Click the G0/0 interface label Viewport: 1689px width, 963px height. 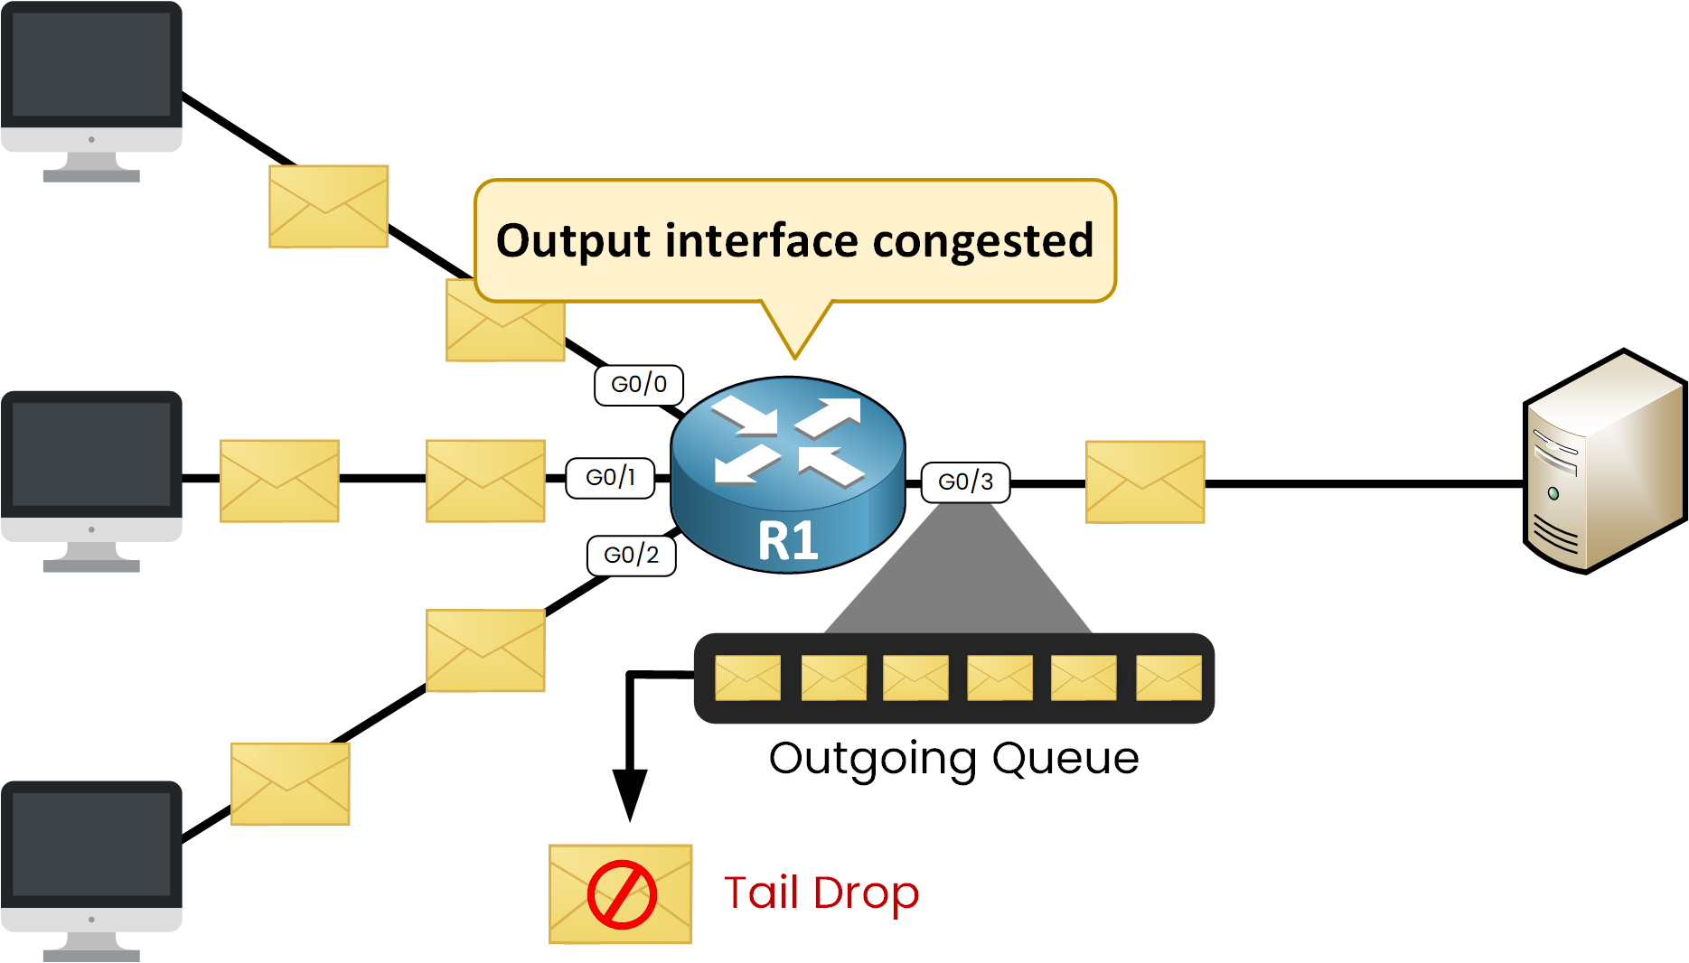click(638, 385)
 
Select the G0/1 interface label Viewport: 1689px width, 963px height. click(610, 478)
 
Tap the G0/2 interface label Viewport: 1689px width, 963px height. click(631, 555)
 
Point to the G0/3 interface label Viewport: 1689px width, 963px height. click(965, 481)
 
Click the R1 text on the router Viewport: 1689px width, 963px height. click(788, 541)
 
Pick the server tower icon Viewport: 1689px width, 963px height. click(1603, 462)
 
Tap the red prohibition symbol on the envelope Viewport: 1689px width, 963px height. click(622, 894)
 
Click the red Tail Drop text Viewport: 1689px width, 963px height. click(821, 893)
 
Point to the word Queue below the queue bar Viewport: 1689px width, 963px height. click(1065, 758)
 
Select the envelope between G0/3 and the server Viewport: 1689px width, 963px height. click(1145, 482)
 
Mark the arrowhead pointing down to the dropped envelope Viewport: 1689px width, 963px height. click(630, 792)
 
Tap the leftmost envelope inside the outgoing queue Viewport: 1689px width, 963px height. click(747, 678)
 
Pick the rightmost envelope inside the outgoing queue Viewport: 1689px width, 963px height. click(1168, 678)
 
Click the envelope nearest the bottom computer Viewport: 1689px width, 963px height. click(290, 784)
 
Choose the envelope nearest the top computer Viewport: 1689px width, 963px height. click(329, 206)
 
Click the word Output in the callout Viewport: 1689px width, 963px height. click(573, 241)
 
